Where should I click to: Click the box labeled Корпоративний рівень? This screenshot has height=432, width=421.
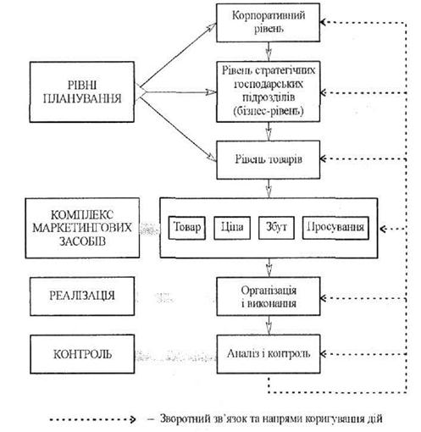click(x=268, y=23)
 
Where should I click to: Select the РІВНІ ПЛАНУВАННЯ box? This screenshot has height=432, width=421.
click(x=82, y=92)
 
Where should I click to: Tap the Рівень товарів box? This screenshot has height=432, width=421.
click(x=269, y=160)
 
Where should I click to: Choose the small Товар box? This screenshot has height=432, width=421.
click(x=187, y=228)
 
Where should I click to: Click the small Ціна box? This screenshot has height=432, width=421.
click(x=232, y=228)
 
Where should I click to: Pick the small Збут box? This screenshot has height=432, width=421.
click(x=276, y=228)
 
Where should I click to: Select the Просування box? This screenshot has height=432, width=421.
click(x=335, y=228)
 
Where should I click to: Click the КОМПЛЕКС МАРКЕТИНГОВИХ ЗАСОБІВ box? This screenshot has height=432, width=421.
click(x=82, y=228)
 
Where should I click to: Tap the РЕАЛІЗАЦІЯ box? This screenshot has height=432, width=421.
click(x=82, y=296)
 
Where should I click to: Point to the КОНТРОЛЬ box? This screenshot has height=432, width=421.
click(x=82, y=354)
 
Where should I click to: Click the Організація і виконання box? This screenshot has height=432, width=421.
click(x=269, y=296)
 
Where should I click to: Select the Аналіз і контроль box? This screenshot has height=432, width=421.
click(x=269, y=354)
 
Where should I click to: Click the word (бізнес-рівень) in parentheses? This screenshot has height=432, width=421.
click(x=269, y=112)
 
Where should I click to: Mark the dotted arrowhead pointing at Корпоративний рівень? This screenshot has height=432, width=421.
click(x=324, y=22)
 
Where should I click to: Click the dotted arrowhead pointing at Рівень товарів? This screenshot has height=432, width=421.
click(x=324, y=158)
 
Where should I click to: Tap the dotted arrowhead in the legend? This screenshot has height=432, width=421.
click(x=133, y=419)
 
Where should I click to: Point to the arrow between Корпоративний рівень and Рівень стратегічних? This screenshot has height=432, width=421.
click(x=269, y=52)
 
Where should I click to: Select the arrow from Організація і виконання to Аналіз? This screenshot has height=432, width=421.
click(x=269, y=325)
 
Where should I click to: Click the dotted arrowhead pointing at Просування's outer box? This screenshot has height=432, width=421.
click(x=383, y=229)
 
